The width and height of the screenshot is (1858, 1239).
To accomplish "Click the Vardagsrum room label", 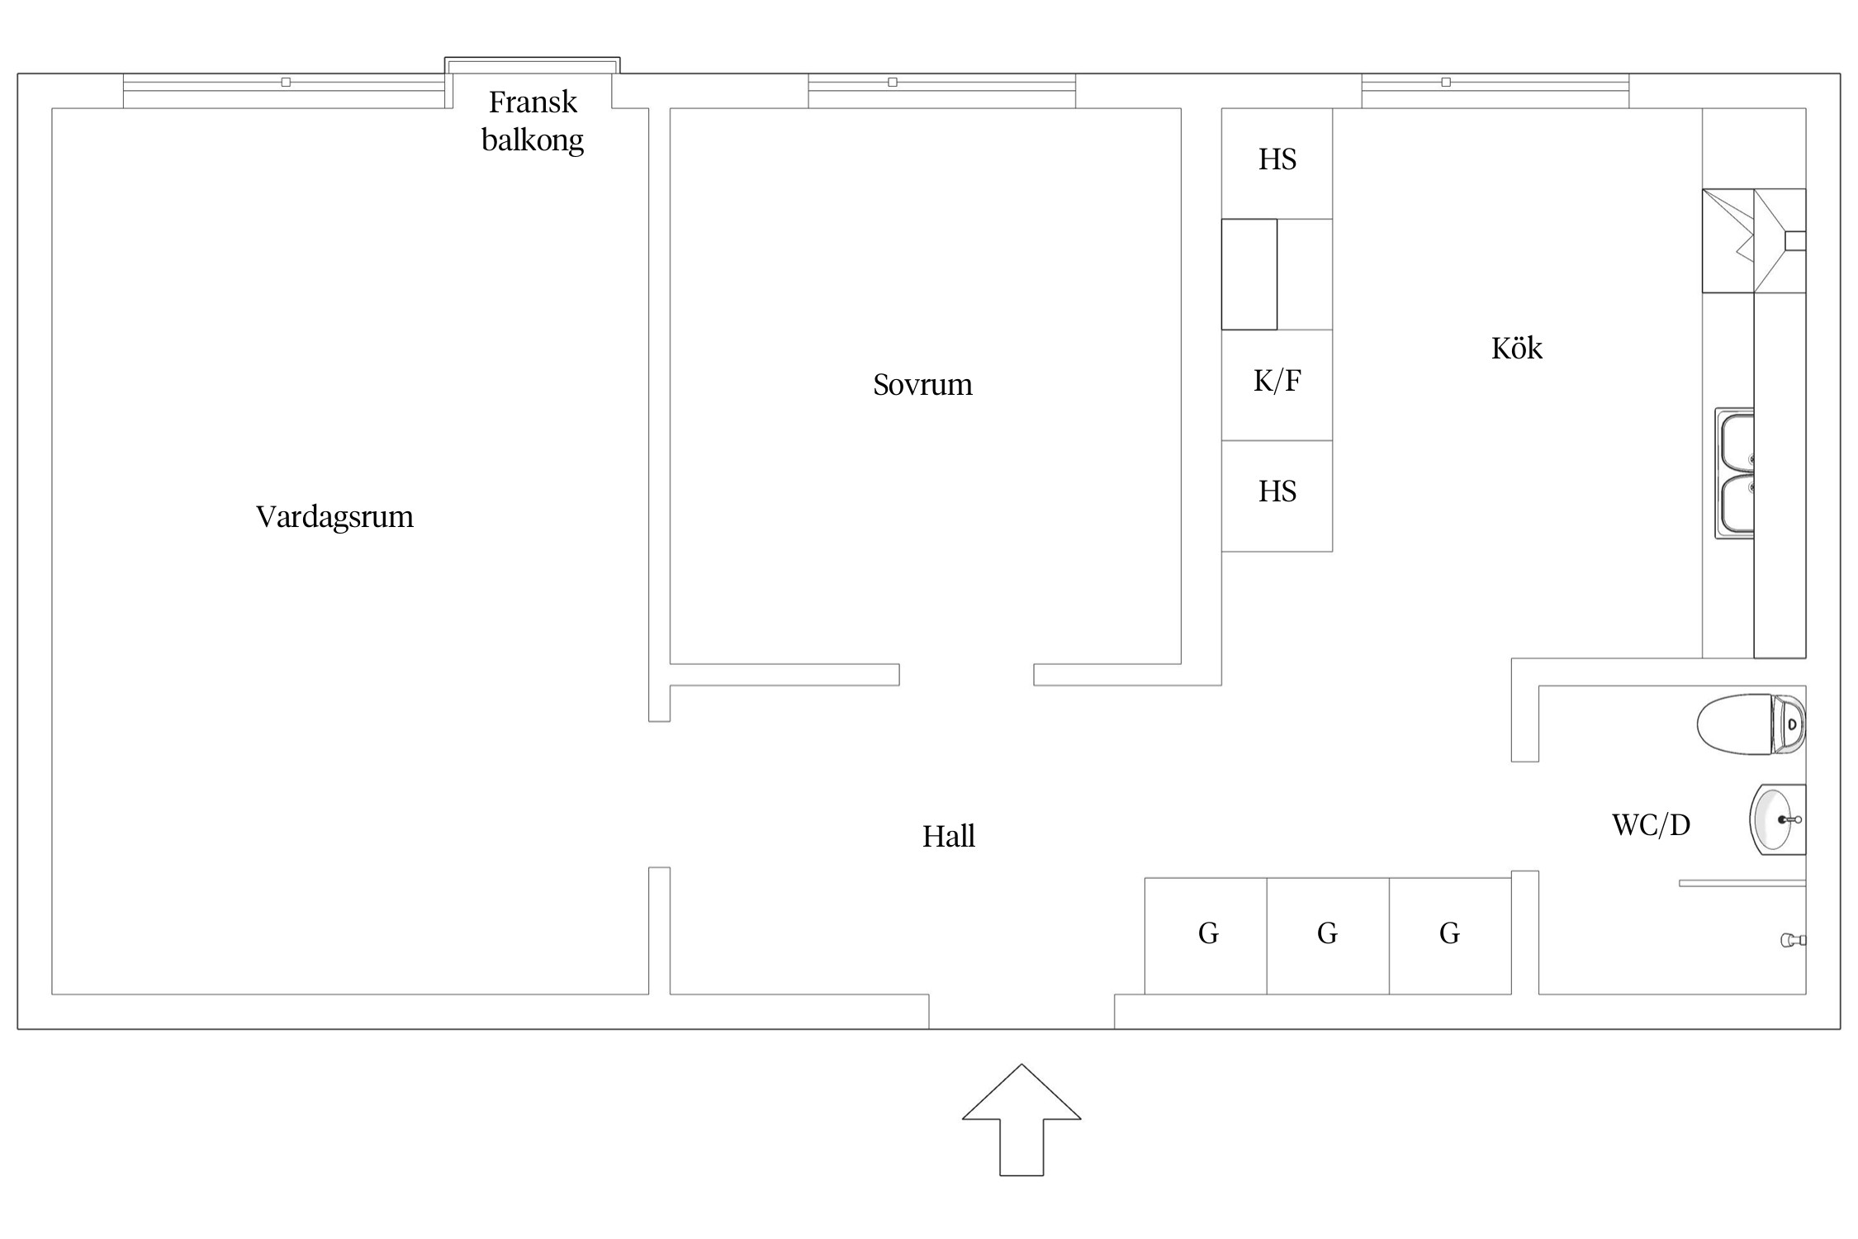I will (x=334, y=517).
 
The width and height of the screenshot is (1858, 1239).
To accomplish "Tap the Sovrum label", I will (x=922, y=385).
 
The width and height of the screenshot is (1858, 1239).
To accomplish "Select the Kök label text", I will (x=1516, y=349).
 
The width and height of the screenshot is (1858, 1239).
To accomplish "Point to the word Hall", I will (x=948, y=837).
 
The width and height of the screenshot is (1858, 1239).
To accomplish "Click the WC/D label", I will (x=1651, y=824).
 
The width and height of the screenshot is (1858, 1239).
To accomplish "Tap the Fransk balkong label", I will (x=533, y=121).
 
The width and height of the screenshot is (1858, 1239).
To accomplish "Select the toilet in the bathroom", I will (x=1750, y=724).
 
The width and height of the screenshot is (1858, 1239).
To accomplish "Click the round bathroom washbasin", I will (x=1775, y=819).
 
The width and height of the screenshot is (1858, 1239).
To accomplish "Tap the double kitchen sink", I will (x=1734, y=473).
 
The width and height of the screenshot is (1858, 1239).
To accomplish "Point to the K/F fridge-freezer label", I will (x=1277, y=381).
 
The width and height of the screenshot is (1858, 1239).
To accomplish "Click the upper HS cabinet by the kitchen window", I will (x=1277, y=159).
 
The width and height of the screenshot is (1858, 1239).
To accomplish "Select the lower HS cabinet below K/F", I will (x=1277, y=492).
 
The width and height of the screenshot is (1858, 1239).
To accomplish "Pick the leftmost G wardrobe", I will (x=1207, y=933).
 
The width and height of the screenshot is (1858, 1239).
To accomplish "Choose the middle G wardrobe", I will (x=1327, y=933).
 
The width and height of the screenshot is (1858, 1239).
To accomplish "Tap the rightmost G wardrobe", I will (x=1449, y=933).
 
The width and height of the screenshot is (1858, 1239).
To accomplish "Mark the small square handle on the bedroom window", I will (x=893, y=83).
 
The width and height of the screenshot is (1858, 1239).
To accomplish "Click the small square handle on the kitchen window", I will (x=1446, y=83).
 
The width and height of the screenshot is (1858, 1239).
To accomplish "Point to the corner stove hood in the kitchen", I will (x=1753, y=240).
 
